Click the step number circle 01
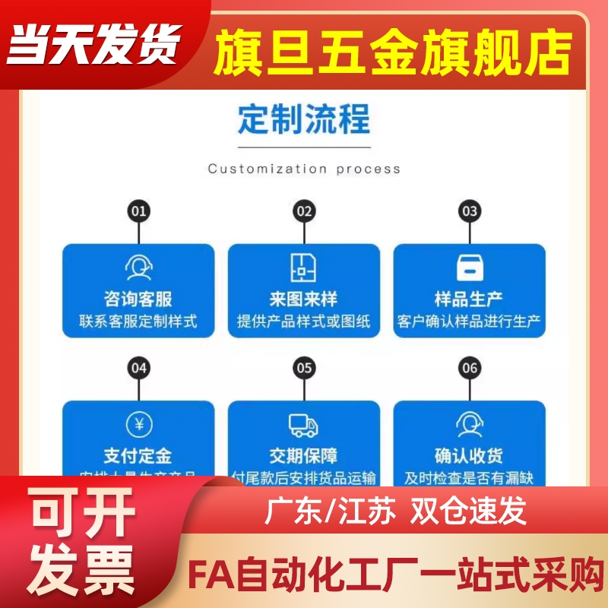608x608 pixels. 138,211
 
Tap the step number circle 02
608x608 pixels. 304,211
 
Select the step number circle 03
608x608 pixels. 470,211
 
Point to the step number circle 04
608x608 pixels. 138,369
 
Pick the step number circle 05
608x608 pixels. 304,369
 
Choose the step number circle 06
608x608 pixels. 470,369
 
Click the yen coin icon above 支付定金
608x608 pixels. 138,424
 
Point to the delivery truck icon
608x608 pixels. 304,424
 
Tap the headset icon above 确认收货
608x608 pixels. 469,424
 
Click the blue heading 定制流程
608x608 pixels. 304,120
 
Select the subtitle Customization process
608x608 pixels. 304,169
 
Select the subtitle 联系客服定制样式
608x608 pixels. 138,321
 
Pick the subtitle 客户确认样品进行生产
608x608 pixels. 469,321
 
